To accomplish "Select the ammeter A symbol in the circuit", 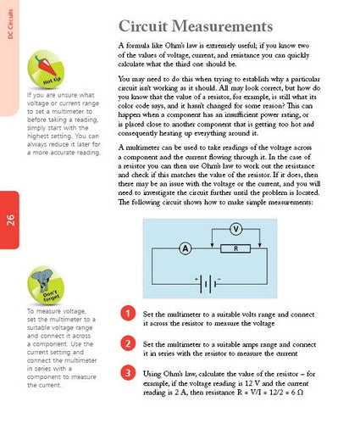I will point(183,248).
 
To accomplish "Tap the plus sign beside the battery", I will point(197,276).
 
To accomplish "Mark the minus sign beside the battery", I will point(218,276).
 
